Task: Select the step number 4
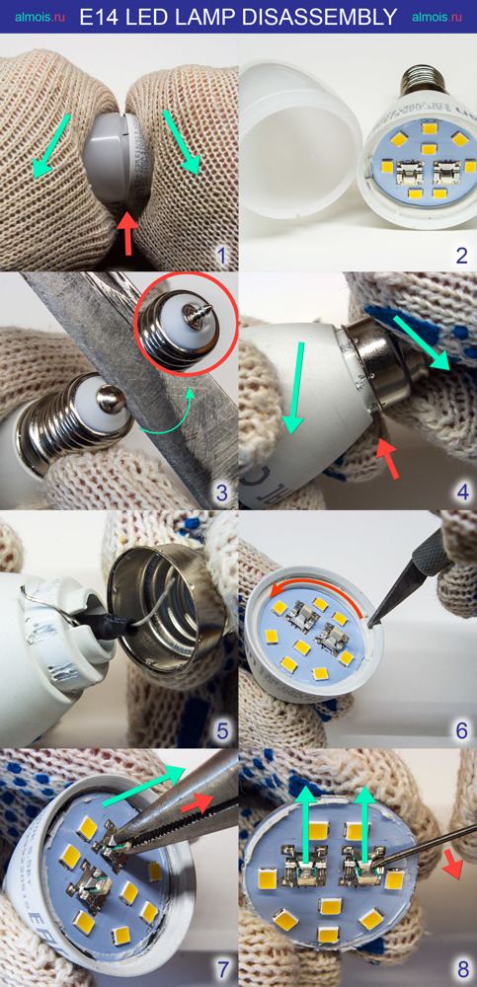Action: [x=463, y=492]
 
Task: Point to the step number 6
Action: [x=462, y=730]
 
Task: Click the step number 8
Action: [x=462, y=969]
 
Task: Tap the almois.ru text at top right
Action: [x=437, y=17]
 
